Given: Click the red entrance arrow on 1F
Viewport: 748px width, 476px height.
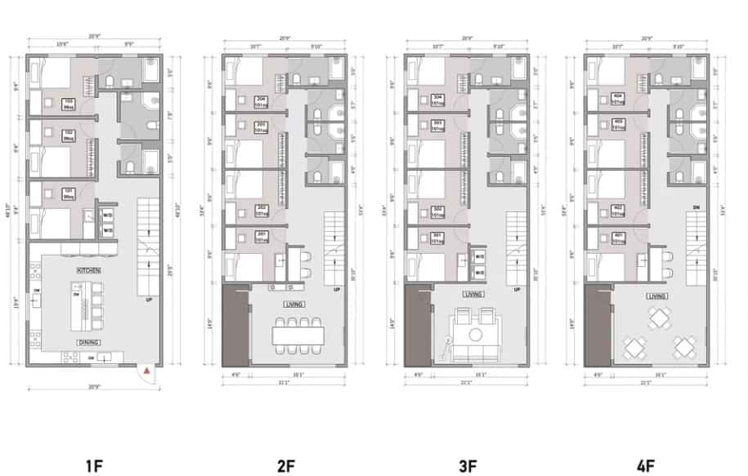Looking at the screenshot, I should tap(145, 371).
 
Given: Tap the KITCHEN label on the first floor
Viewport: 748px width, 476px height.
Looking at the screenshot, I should tap(88, 269).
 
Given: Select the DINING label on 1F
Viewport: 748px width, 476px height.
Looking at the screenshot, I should tap(88, 342).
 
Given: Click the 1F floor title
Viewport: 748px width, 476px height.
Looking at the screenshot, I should tap(94, 467).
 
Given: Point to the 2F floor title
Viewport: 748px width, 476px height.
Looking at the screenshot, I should tap(285, 467).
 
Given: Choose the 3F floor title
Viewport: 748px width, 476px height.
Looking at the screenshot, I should tap(468, 467).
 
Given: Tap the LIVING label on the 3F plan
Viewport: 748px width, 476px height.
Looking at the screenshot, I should tap(472, 294).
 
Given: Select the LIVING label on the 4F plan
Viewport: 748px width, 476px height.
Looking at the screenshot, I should tap(654, 297).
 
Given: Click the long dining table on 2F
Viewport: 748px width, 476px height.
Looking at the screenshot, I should tap(296, 335).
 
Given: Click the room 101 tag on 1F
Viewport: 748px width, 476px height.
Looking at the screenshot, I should tap(69, 194).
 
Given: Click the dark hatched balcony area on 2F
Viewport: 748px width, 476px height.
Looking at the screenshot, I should tap(234, 325).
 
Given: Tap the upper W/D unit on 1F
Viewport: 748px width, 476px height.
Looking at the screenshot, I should tap(108, 216).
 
